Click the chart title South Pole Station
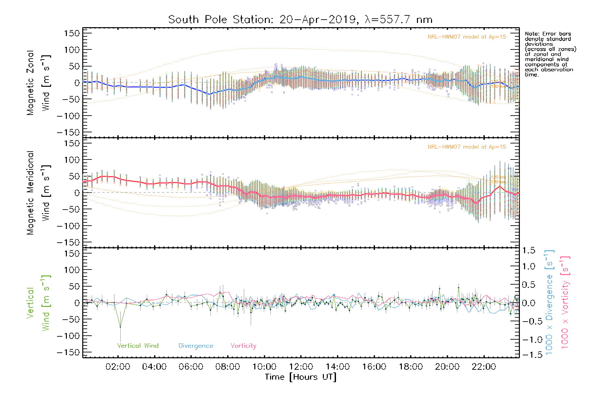pos(300,20)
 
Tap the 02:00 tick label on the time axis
pos(118,367)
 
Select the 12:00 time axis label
pos(301,367)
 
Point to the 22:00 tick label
pos(484,367)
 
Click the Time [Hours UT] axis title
pos(301,377)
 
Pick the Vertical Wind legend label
pos(138,346)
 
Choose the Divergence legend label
pos(196,346)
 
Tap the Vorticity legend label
pos(243,346)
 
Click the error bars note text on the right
pos(550,54)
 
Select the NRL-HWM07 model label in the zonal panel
pos(467,37)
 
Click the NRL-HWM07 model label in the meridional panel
pos(467,147)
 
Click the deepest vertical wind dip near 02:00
pos(120,327)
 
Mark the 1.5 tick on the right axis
pos(528,251)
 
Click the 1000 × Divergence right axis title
pos(549,302)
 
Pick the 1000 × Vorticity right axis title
pos(565,302)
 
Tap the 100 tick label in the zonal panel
pos(72,50)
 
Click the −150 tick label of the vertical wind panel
pos(68,352)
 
